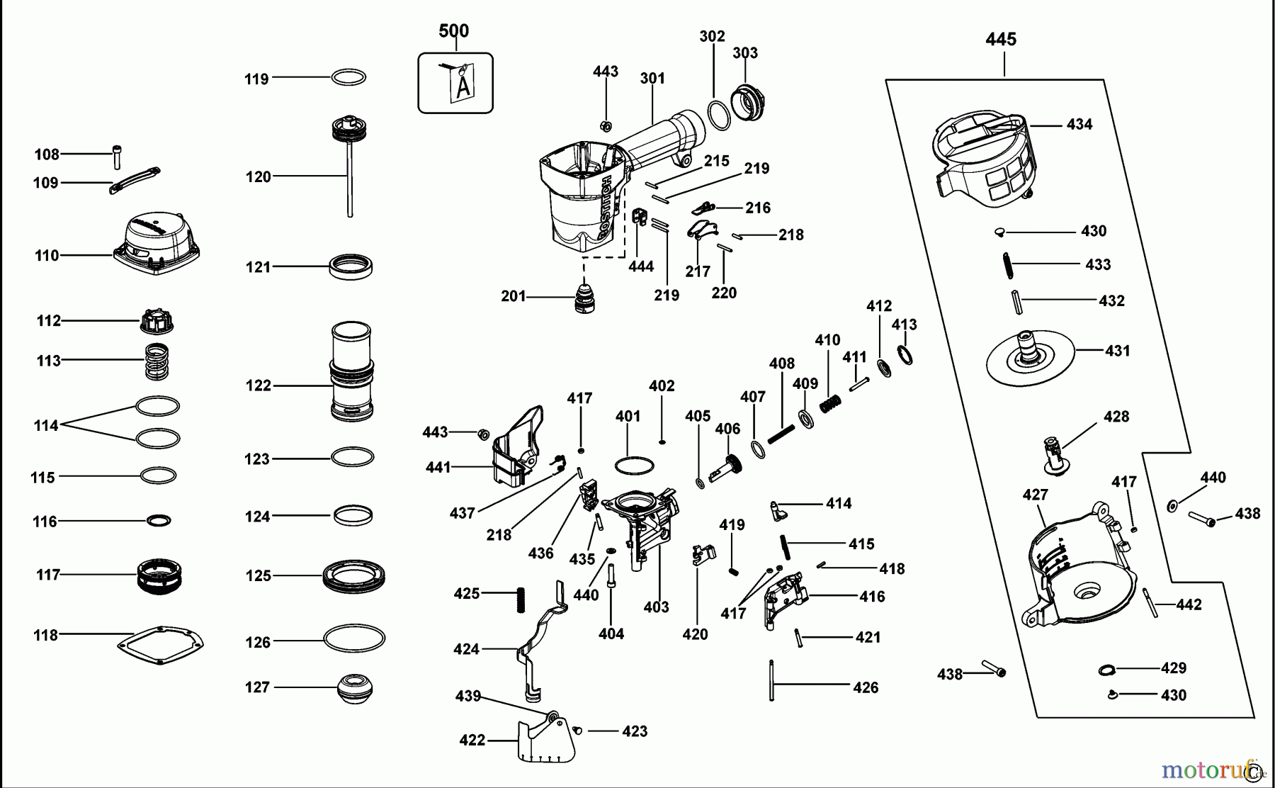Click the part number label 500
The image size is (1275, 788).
coord(453,30)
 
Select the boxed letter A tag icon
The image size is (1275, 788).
coord(455,83)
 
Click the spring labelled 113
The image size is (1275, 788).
coord(157,361)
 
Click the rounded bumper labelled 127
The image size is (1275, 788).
coord(353,688)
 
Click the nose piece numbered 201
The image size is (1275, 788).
coord(584,298)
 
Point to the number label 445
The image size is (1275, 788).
coord(1001,40)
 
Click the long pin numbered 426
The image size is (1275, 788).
coord(771,680)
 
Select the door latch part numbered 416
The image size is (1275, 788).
coord(786,599)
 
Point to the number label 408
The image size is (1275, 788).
coord(782,364)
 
